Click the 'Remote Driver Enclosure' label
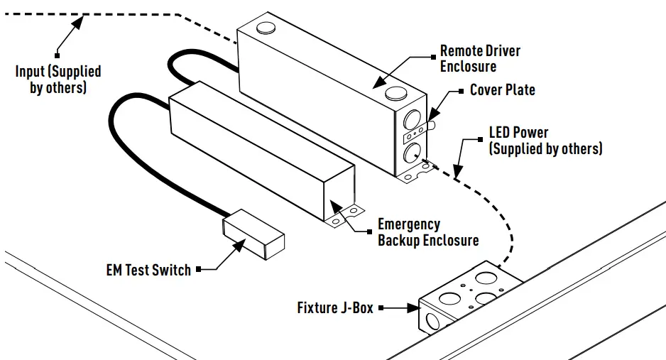tap(480, 59)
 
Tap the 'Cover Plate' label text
tap(502, 90)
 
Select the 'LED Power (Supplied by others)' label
tap(545, 141)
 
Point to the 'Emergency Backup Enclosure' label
tap(427, 232)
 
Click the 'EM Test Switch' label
tap(148, 270)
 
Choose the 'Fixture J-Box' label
tap(335, 308)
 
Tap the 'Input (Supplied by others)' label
tap(58, 80)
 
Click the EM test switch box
tap(253, 234)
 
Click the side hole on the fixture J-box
tap(430, 320)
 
